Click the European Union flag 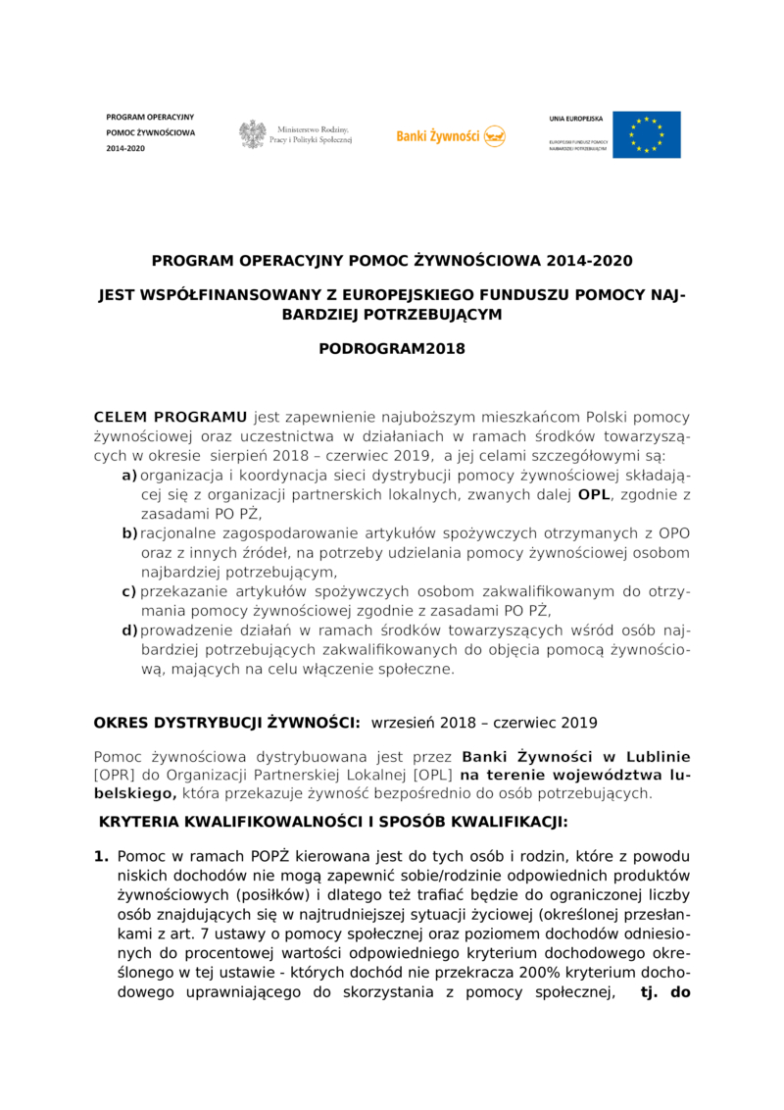point(646,134)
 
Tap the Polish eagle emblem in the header point(253,134)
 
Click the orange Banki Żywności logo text point(437,136)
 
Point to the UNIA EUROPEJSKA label point(576,118)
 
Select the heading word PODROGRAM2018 point(392,348)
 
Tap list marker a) point(128,476)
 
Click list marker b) point(129,533)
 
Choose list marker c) point(128,591)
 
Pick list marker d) point(129,631)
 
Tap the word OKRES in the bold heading point(121,723)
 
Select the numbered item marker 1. point(101,856)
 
